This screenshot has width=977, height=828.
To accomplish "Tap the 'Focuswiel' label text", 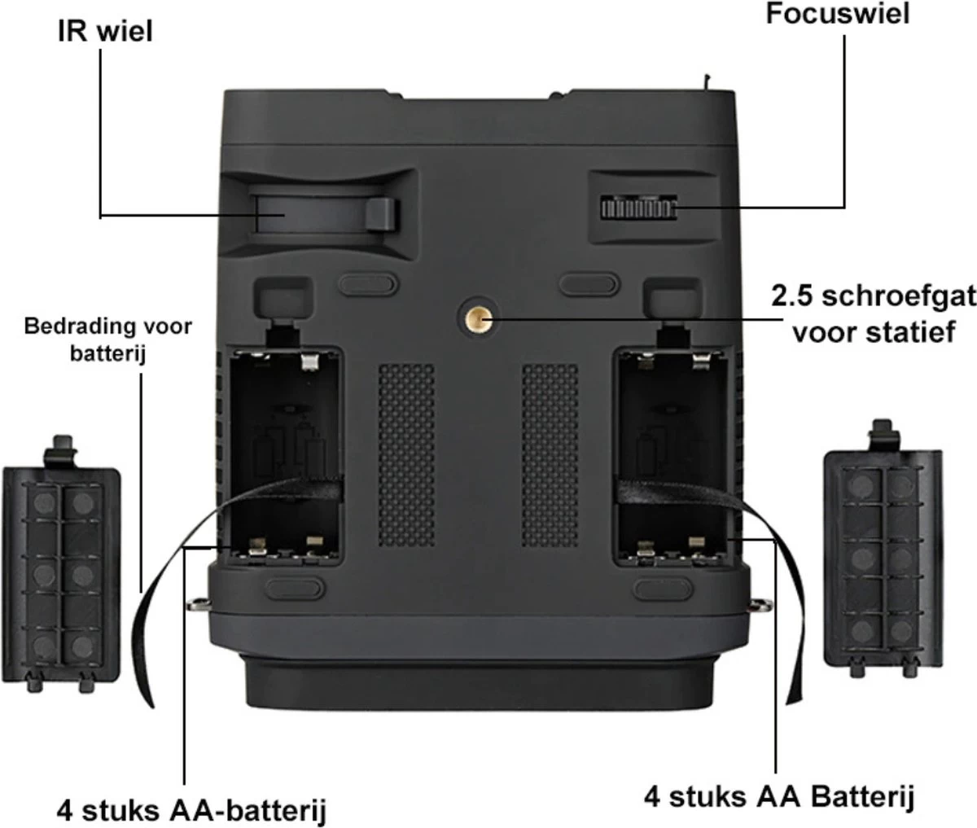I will point(837,13).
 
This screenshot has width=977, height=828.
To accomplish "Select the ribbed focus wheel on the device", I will point(639,208).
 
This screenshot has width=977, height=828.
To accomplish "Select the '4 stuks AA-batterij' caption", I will point(192,810).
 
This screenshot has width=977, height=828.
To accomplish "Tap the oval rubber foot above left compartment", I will point(367,283).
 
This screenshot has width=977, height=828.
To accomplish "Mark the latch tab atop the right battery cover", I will point(882,436).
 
